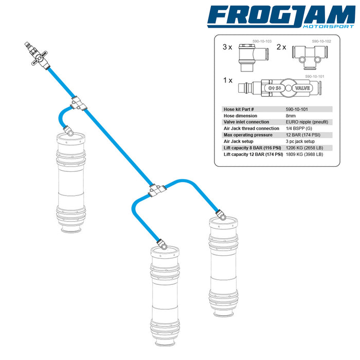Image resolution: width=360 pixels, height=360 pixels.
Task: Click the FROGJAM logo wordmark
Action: tap(281, 15)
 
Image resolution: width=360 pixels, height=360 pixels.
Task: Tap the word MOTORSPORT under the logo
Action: tap(329, 26)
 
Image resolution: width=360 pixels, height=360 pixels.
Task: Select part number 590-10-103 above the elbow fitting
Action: tap(262, 41)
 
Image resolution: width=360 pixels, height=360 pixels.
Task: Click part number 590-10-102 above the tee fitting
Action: tap(321, 41)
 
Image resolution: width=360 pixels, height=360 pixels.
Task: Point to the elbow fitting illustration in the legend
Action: tap(253, 58)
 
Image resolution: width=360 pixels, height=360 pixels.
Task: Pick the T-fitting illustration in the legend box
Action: tap(310, 57)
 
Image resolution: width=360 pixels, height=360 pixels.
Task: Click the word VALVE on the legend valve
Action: tap(302, 88)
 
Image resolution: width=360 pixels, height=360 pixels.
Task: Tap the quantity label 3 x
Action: tap(227, 47)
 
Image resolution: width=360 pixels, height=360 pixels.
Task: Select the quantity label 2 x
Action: tap(281, 47)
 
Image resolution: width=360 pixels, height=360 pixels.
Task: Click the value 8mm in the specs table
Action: tap(291, 116)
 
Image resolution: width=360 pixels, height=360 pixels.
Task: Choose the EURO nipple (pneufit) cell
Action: tap(307, 122)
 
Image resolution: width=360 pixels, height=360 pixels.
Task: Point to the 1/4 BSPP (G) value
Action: tap(299, 129)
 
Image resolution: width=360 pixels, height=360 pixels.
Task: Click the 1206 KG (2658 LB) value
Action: tap(304, 148)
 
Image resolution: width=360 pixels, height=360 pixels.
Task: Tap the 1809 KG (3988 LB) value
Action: tap(304, 154)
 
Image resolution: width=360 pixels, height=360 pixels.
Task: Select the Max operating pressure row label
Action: tap(248, 135)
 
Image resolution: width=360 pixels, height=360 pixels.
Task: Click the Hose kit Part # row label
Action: tap(239, 109)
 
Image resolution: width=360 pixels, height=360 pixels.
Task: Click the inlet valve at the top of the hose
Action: tap(38, 56)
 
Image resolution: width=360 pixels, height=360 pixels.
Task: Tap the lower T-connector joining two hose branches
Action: tap(157, 190)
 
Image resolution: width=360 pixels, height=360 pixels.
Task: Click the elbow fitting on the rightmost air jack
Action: tap(221, 214)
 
